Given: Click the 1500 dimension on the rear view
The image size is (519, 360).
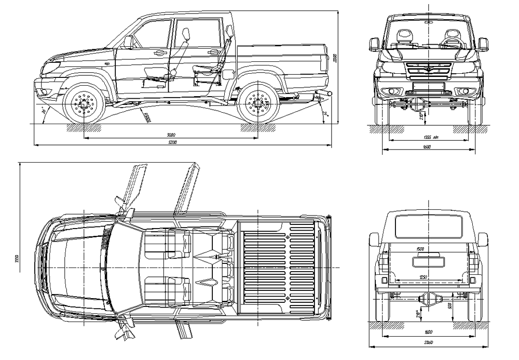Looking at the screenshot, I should coord(420,249).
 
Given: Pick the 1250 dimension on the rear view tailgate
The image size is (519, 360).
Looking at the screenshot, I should coord(423,277).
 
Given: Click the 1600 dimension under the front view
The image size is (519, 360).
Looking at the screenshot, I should coord(427,148).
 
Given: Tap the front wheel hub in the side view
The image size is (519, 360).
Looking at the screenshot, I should coord(84,103).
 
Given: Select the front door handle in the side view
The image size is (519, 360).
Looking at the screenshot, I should coord(160,52).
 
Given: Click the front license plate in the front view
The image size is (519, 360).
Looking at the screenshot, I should coord(428,89).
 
